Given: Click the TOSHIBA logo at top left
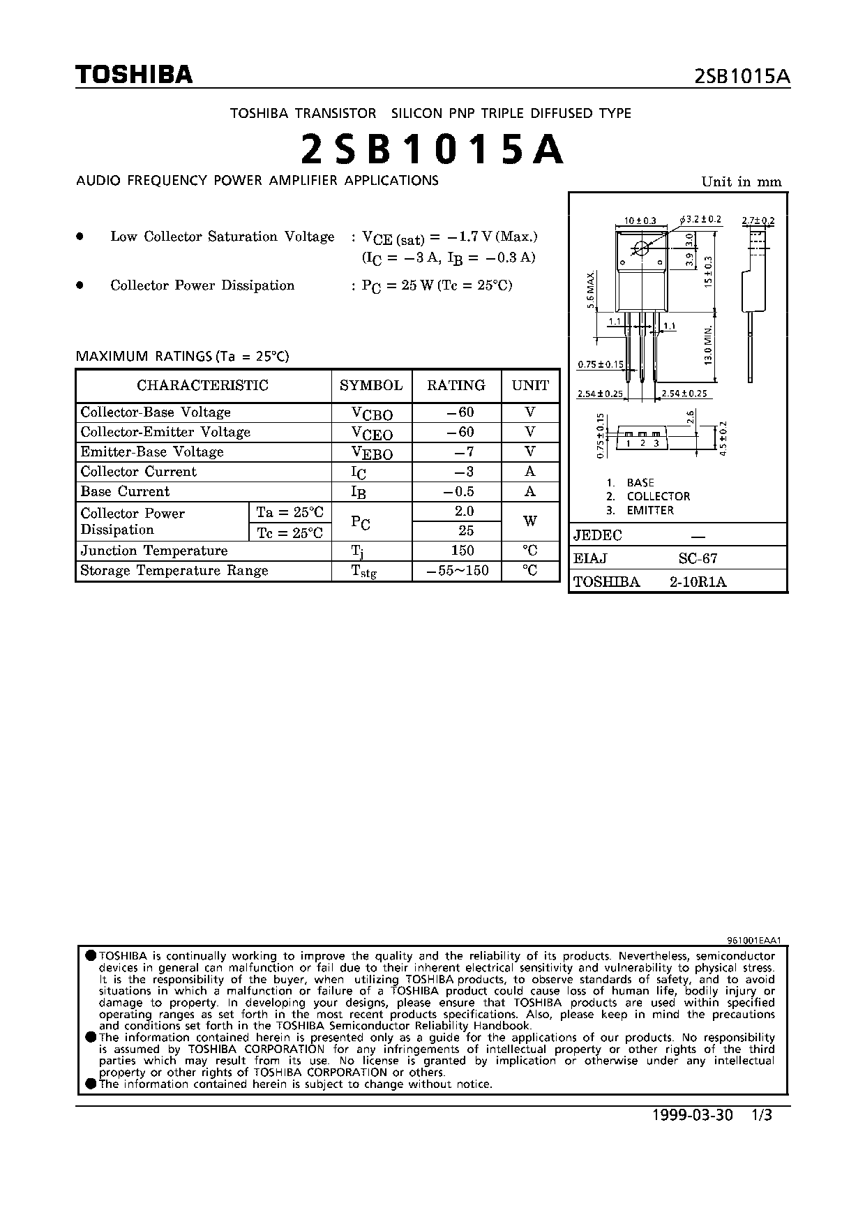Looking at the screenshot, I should coord(134,75).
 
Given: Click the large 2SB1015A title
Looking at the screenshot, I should coord(433,150).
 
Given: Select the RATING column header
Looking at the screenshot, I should coord(456,385).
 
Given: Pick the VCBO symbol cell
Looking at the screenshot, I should coord(372,413).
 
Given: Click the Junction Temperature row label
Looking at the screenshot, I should coord(154,551).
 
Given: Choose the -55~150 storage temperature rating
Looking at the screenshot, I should coord(456,570).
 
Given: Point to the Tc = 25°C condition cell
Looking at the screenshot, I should coord(289,532).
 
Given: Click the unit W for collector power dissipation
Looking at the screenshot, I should coord(530,521).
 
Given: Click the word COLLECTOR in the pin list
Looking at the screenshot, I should coord(658,496).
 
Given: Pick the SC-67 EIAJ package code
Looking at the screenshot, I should coord(698,558).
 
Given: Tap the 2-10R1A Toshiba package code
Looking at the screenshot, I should coord(698,582).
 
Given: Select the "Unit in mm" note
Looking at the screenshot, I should coord(742,182).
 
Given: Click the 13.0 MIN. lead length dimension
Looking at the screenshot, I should coord(709,345).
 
